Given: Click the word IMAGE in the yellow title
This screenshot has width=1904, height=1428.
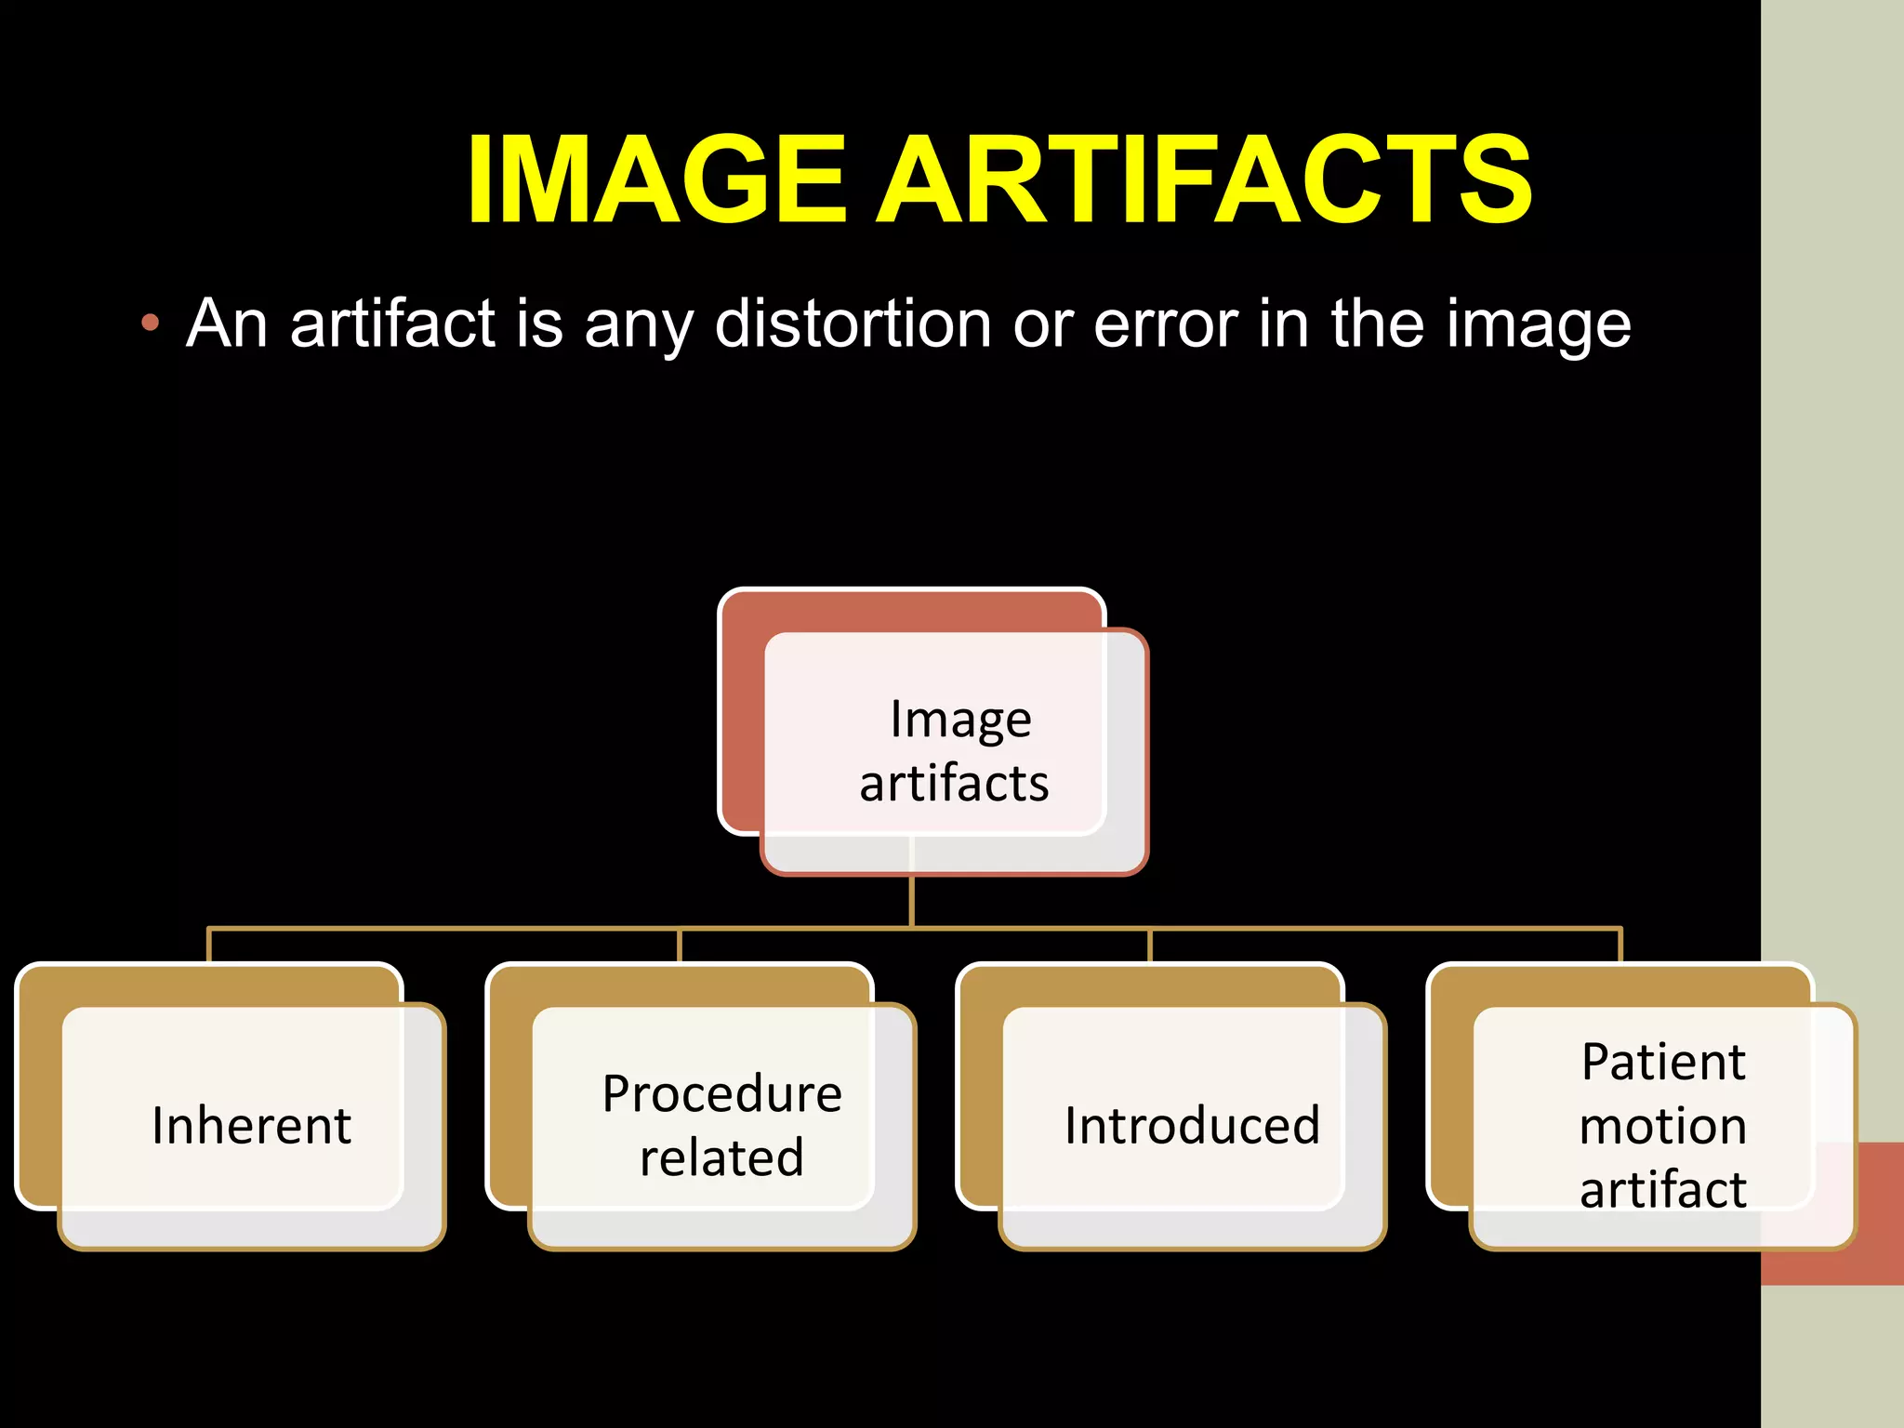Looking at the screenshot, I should pyautogui.click(x=656, y=179).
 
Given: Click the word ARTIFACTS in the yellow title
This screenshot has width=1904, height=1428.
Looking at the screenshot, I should pyautogui.click(x=1204, y=179).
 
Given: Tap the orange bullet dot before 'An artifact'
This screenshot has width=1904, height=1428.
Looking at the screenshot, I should pyautogui.click(x=150, y=324).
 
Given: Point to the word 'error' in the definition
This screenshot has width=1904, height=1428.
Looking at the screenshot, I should pyautogui.click(x=1165, y=325).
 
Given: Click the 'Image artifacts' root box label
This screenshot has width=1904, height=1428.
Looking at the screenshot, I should pyautogui.click(x=956, y=750).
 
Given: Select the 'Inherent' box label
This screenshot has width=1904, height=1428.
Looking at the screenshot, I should pyautogui.click(x=252, y=1125).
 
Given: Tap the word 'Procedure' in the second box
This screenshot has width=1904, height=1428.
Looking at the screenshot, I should pyautogui.click(x=722, y=1093).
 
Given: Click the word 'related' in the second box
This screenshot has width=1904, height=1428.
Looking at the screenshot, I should pyautogui.click(x=721, y=1157).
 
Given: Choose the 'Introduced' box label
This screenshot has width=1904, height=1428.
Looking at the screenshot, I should pyautogui.click(x=1193, y=1125).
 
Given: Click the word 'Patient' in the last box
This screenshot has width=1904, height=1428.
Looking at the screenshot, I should pyautogui.click(x=1663, y=1062).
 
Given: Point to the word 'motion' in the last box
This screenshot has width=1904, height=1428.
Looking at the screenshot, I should pyautogui.click(x=1663, y=1126).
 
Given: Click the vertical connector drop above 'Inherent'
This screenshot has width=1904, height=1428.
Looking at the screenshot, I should pyautogui.click(x=209, y=945).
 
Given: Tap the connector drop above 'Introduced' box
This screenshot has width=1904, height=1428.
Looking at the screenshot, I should pyautogui.click(x=1150, y=945).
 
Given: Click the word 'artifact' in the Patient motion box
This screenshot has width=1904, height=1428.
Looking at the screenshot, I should pyautogui.click(x=1663, y=1189).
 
